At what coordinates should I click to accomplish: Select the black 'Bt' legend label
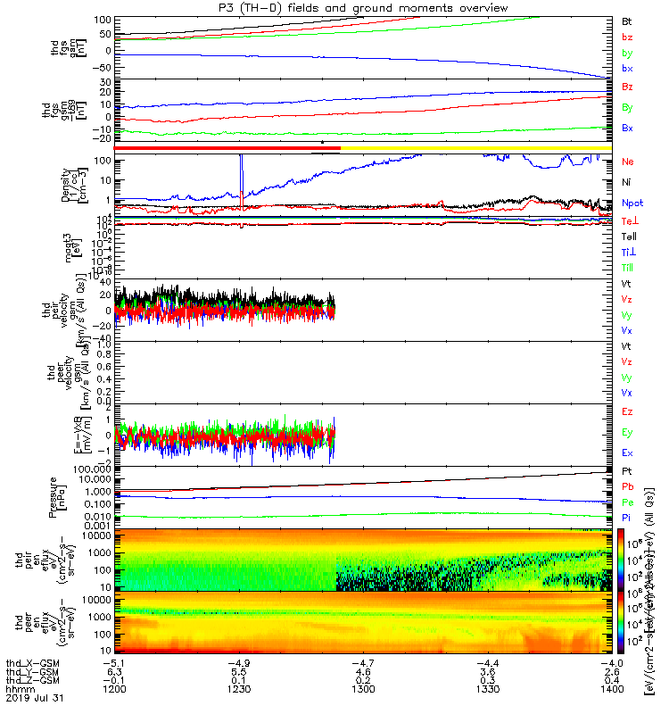point(627,19)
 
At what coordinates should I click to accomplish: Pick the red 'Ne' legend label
point(628,162)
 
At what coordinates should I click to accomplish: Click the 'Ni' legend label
point(626,182)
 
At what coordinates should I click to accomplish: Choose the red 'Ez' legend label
point(627,411)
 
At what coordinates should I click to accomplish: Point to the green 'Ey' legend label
point(627,432)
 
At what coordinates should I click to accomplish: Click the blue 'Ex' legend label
point(627,453)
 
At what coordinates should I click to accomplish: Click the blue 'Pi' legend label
point(626,518)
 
